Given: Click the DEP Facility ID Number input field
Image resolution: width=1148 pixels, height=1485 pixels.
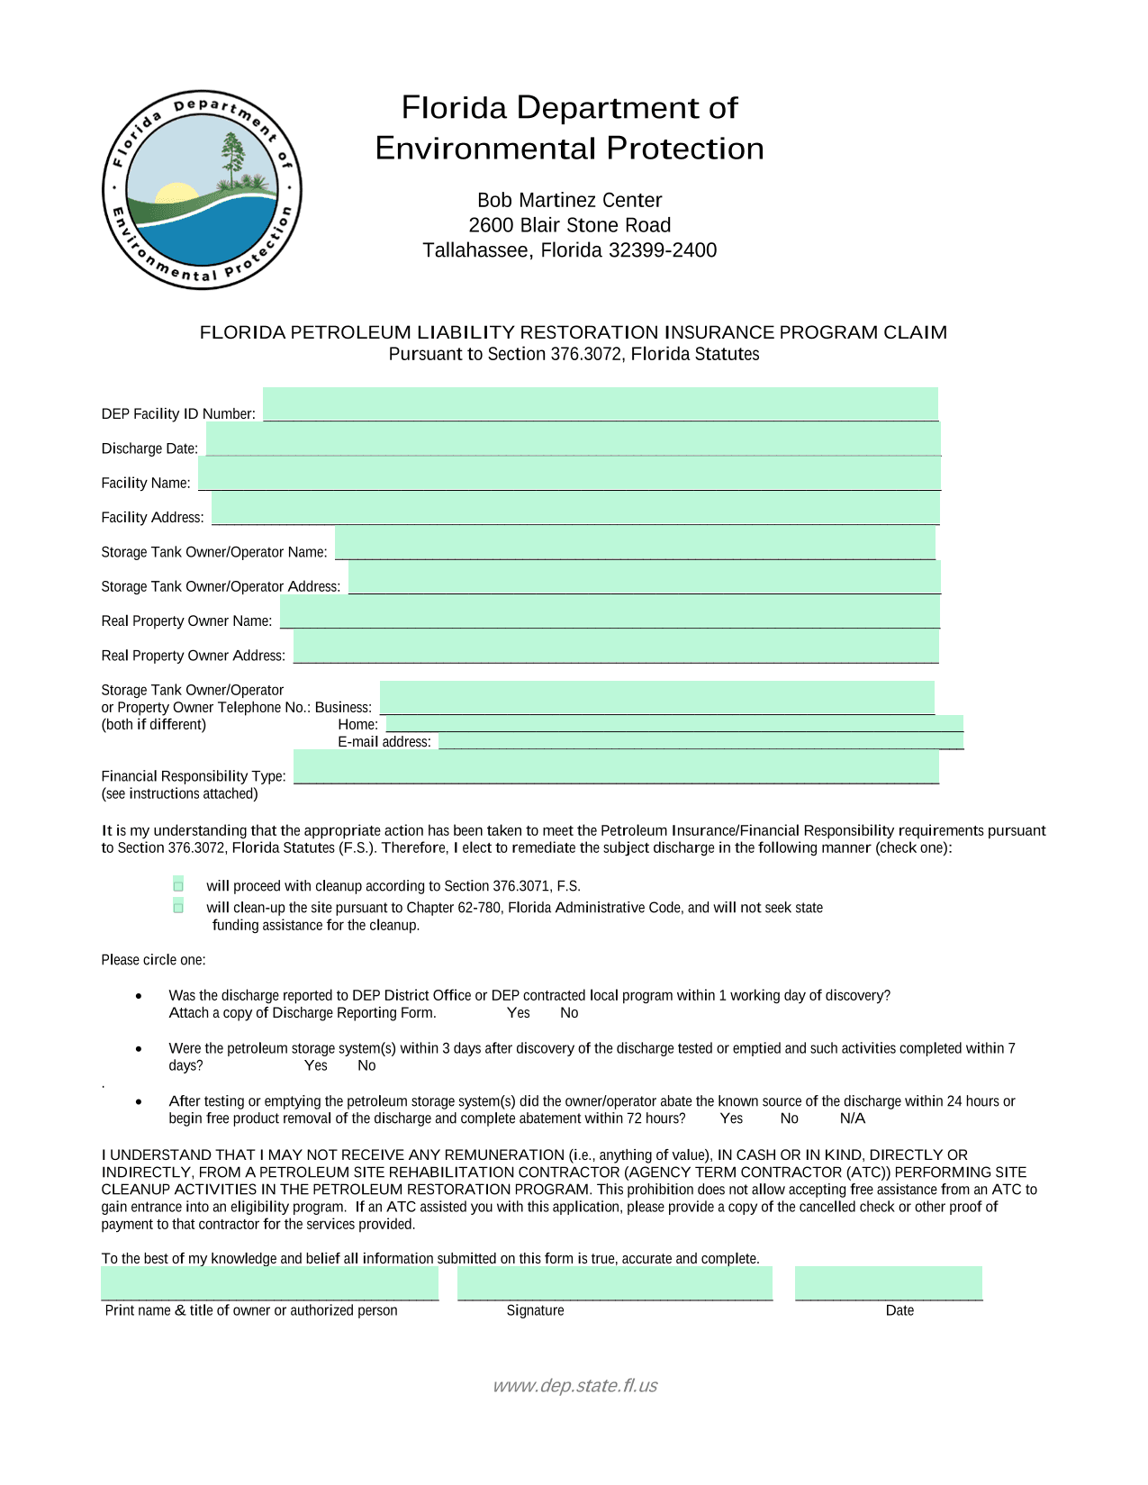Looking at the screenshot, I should (x=600, y=404).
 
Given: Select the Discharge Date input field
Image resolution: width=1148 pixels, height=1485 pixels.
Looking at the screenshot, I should (x=573, y=439).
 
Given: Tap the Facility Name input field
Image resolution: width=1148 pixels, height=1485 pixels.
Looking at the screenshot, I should (x=569, y=474).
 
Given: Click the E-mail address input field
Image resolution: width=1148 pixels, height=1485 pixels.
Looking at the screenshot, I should (x=701, y=741).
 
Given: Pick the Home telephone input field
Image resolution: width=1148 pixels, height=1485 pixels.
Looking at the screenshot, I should (x=674, y=723).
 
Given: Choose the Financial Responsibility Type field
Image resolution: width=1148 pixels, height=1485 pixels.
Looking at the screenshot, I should (x=616, y=766).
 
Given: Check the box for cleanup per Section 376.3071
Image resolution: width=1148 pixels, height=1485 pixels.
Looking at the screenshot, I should (x=178, y=885).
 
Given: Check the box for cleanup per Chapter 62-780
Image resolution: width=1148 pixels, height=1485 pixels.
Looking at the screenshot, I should (x=178, y=907).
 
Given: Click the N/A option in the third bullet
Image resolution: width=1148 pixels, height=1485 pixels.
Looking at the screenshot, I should (x=852, y=1118).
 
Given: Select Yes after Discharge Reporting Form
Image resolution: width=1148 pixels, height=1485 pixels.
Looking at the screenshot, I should (x=519, y=1013).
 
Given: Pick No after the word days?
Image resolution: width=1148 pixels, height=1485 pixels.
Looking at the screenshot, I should (x=366, y=1065).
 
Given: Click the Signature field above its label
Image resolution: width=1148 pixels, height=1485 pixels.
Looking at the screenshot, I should (x=615, y=1283).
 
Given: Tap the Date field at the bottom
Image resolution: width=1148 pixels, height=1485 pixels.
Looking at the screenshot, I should (x=889, y=1283).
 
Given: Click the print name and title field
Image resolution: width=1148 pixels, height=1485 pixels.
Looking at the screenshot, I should (x=269, y=1283).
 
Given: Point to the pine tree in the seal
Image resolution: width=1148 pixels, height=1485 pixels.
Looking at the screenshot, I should (x=232, y=158).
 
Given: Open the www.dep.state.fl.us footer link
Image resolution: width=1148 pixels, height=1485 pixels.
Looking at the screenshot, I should (x=574, y=1385).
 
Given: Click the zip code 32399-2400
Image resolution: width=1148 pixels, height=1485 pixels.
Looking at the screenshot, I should (x=663, y=250).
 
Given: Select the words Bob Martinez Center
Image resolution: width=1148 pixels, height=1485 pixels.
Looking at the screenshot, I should (x=569, y=200).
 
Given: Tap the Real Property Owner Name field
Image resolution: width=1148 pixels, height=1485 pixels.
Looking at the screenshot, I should (x=610, y=611).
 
